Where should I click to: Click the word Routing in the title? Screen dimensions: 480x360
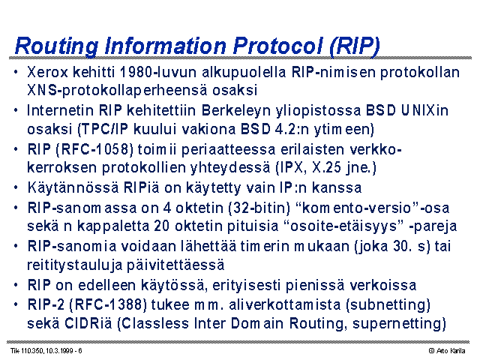[57, 46]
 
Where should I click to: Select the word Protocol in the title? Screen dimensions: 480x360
[277, 46]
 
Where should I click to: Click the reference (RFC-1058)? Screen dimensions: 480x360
[95, 149]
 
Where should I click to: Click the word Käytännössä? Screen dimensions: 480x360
[73, 187]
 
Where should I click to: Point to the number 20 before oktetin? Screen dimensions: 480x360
[162, 226]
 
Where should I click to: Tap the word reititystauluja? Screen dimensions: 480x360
[75, 265]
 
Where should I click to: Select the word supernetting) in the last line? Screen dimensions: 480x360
[399, 324]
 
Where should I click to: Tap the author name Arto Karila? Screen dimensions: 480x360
[451, 351]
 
